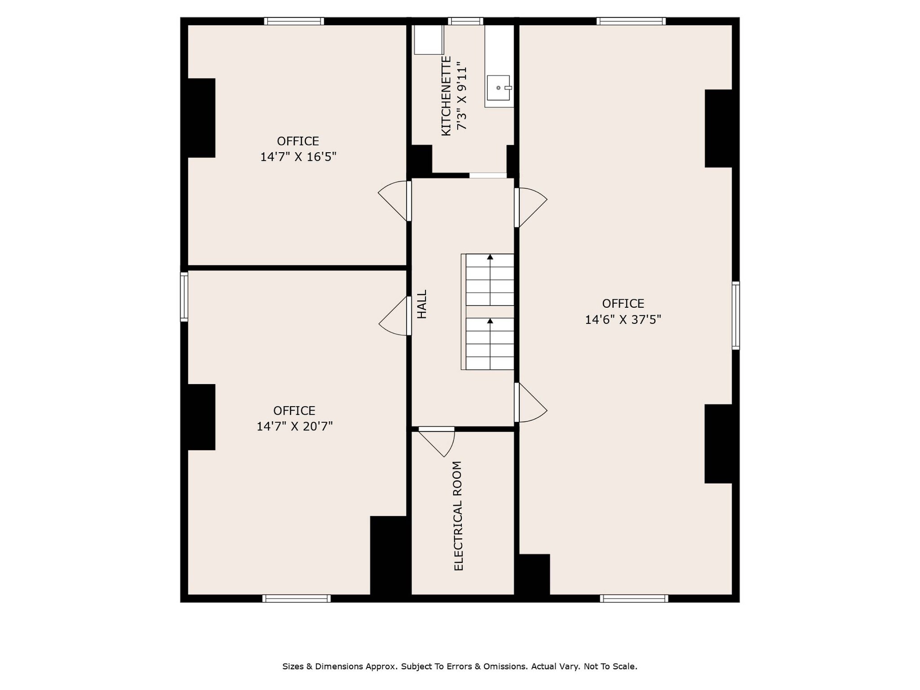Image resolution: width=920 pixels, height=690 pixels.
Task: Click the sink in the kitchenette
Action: click(499, 88)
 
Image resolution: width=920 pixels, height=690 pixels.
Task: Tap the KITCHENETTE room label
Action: click(446, 96)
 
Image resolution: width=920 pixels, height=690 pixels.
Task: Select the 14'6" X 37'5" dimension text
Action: click(623, 320)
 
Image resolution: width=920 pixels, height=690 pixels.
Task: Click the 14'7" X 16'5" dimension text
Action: click(298, 157)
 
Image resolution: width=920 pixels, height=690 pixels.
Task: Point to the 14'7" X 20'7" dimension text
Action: click(295, 426)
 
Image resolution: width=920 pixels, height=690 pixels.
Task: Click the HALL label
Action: click(422, 304)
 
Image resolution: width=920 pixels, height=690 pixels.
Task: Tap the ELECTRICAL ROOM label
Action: click(458, 516)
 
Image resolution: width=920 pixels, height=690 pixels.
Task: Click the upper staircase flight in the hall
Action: click(490, 280)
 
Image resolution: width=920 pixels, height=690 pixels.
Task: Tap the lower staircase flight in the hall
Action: click(490, 344)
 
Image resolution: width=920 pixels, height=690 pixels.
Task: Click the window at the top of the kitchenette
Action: click(465, 21)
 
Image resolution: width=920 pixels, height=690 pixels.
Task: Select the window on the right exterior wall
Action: click(735, 315)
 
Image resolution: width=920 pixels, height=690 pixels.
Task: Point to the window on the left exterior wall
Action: click(184, 297)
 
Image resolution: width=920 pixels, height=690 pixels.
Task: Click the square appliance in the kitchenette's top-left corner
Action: click(429, 40)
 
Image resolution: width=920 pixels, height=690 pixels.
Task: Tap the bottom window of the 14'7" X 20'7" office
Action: click(296, 598)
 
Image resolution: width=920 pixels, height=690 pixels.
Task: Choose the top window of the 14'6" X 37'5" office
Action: click(631, 21)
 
